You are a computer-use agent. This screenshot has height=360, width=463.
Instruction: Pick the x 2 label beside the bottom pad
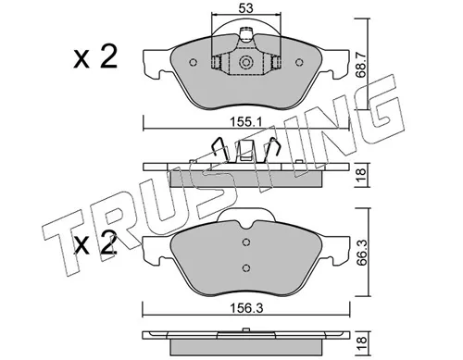pyautogui.click(x=96, y=246)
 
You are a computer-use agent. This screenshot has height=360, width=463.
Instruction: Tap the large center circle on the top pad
pyautogui.click(x=245, y=64)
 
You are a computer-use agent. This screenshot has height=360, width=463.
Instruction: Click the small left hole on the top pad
pyautogui.click(x=194, y=63)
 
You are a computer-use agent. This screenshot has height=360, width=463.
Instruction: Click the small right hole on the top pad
pyautogui.click(x=297, y=63)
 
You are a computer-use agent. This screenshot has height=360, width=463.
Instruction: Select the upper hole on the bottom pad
pyautogui.click(x=245, y=243)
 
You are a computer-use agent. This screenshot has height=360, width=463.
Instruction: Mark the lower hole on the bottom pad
pyautogui.click(x=245, y=267)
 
